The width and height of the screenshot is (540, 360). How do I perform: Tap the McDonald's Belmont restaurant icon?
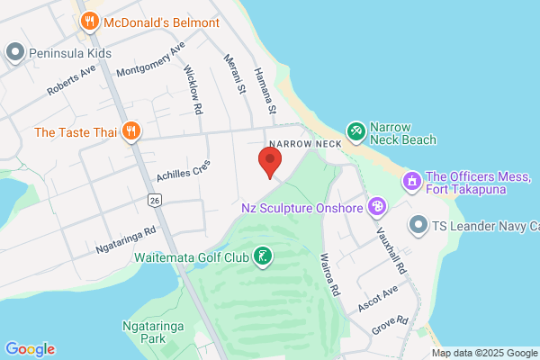click(89, 21)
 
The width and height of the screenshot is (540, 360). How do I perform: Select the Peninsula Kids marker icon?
click(14, 53)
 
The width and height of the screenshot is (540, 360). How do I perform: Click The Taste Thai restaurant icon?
click(131, 131)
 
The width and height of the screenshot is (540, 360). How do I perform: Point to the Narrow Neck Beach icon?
click(356, 132)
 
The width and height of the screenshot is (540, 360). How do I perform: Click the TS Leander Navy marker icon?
click(418, 224)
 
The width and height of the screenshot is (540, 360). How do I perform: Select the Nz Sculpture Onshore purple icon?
click(378, 208)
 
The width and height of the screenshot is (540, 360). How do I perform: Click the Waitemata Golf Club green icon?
click(262, 257)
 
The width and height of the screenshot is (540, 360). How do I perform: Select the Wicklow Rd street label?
click(193, 88)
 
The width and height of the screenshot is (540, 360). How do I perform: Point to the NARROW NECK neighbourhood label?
click(303, 144)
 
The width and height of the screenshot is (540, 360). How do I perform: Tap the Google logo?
click(30, 349)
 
